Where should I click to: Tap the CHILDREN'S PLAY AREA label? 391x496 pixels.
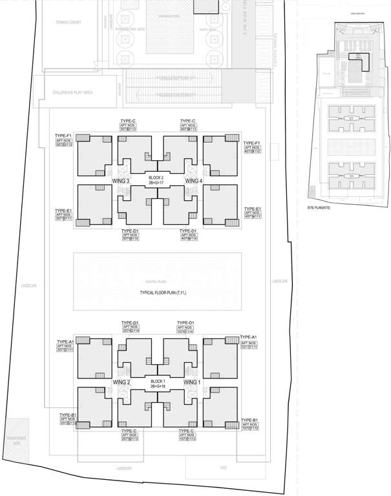72,92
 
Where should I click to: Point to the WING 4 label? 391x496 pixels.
194,181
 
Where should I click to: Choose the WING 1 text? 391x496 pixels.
192,382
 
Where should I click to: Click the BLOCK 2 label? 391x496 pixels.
156,177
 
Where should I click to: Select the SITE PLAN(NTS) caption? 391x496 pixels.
320,207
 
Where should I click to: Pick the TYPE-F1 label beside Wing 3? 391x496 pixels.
63,136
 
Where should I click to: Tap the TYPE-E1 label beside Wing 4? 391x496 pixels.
251,209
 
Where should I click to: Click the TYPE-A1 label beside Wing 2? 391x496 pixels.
66,341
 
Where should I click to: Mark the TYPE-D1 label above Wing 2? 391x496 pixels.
131,322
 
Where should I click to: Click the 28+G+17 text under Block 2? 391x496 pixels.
156,183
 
